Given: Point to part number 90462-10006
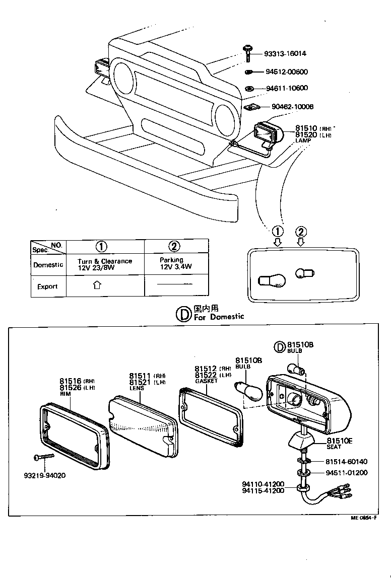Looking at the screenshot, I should (292, 107).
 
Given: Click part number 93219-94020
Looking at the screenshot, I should (44, 475).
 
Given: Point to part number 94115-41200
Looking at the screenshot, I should (263, 490).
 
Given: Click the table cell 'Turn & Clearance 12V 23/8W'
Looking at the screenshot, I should (105, 264).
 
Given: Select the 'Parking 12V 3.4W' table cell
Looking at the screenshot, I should (176, 264).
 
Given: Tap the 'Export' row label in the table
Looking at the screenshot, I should (47, 286).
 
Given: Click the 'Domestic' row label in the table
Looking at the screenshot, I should (48, 265).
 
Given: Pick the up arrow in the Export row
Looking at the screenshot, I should (97, 285).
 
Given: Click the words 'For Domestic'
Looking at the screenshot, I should (219, 317).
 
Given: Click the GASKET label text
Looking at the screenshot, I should (206, 381).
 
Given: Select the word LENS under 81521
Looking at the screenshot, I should (137, 389).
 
